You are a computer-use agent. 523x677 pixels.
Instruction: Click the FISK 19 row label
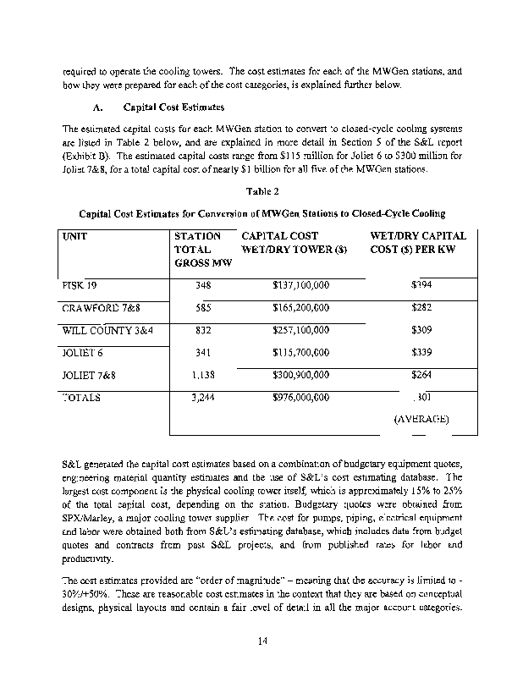[79, 285]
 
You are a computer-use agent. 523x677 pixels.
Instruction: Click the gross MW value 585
[202, 307]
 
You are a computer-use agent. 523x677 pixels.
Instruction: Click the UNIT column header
[76, 236]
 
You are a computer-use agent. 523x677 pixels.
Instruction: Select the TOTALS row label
[81, 396]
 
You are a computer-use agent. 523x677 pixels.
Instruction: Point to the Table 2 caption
[261, 192]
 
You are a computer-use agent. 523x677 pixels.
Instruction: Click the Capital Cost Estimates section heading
[174, 108]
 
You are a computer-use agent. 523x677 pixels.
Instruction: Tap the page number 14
[261, 642]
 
